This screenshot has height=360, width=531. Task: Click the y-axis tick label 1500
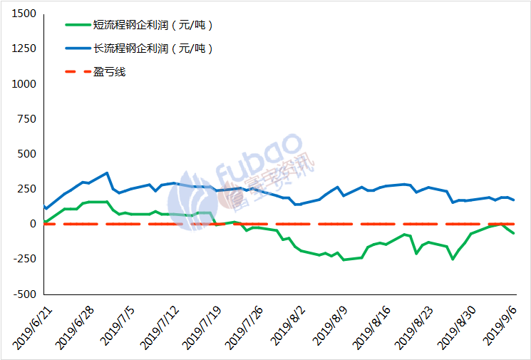[x=24, y=14]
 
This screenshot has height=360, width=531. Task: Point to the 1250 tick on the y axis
[x=24, y=49]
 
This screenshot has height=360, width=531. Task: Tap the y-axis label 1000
[x=24, y=84]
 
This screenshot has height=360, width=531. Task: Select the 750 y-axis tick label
[x=27, y=119]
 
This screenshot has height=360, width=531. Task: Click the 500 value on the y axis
[x=27, y=154]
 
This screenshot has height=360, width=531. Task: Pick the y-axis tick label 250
[x=27, y=189]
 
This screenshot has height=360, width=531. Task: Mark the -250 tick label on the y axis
[x=25, y=259]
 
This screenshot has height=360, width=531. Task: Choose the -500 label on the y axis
[x=25, y=294]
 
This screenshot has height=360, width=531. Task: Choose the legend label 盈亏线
[x=110, y=72]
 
